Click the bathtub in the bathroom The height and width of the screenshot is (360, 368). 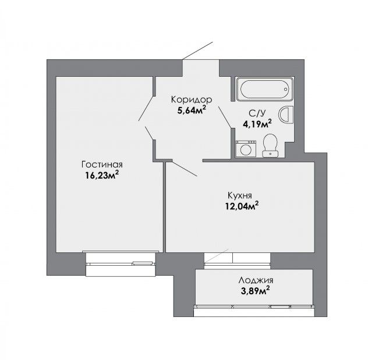click(x=265, y=89)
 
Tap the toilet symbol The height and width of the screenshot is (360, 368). click(x=270, y=145)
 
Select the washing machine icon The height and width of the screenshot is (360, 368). click(x=246, y=148)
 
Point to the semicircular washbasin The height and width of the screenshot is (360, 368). click(x=286, y=115)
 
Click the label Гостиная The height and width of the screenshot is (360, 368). click(x=102, y=165)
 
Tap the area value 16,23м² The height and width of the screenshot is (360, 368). click(x=102, y=175)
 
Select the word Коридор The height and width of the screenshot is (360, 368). click(x=192, y=100)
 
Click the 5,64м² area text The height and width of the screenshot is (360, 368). click(x=192, y=110)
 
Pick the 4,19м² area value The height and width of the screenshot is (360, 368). click(x=257, y=124)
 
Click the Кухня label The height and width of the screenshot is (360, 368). click(x=240, y=195)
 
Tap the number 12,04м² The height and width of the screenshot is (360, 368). click(x=242, y=206)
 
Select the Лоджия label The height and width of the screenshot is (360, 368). click(x=256, y=280)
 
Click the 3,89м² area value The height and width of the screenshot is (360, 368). click(x=255, y=291)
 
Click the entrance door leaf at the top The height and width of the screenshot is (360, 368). click(x=197, y=51)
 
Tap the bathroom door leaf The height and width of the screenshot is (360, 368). click(x=225, y=117)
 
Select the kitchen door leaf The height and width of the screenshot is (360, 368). click(x=185, y=168)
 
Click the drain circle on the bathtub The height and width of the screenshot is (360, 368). click(x=286, y=90)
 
